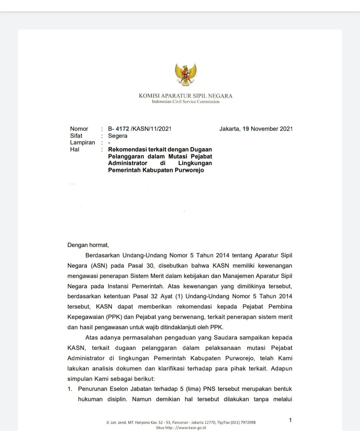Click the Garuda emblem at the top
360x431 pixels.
(x=186, y=74)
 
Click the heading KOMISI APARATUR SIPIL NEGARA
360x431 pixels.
(x=186, y=96)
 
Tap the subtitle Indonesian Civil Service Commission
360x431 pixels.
(x=186, y=102)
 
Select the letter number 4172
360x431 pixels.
(x=122, y=129)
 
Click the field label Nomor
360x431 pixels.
(x=79, y=129)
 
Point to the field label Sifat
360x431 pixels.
(x=76, y=136)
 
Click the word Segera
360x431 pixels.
(x=118, y=136)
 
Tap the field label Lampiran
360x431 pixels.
(x=82, y=143)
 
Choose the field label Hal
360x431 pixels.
(x=75, y=150)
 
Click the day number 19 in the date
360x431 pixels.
(x=246, y=129)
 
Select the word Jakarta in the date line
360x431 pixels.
(x=229, y=129)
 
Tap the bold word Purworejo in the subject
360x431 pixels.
(x=189, y=170)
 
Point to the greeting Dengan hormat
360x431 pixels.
(x=88, y=245)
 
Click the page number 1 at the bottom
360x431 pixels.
(x=290, y=420)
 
